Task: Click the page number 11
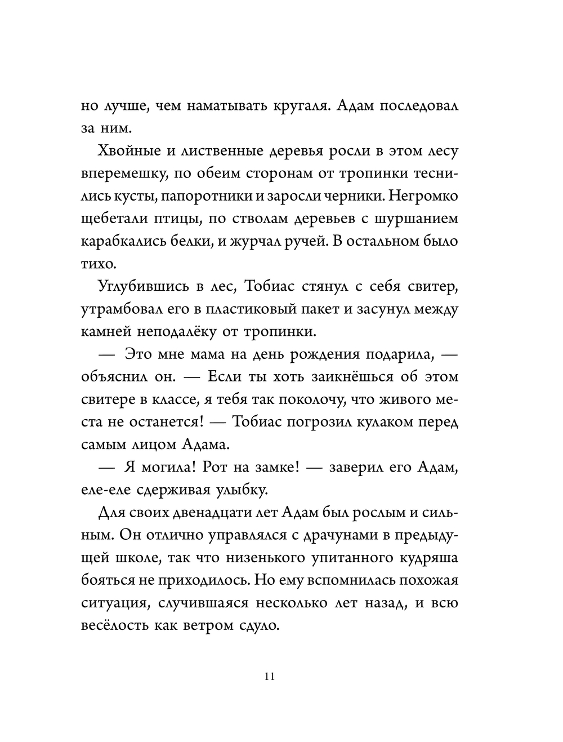point(269,677)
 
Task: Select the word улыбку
point(239,490)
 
